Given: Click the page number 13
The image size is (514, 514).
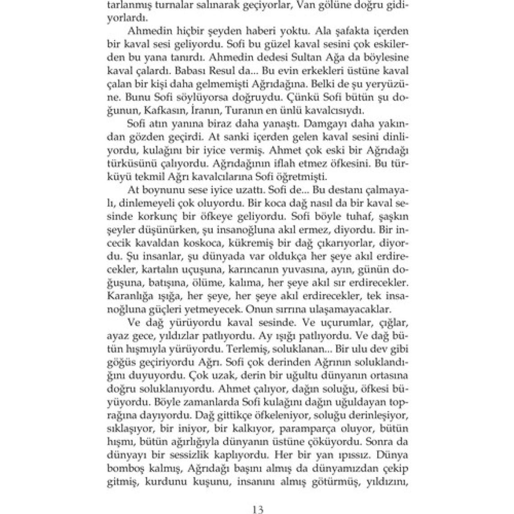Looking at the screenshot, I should coord(257,509).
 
